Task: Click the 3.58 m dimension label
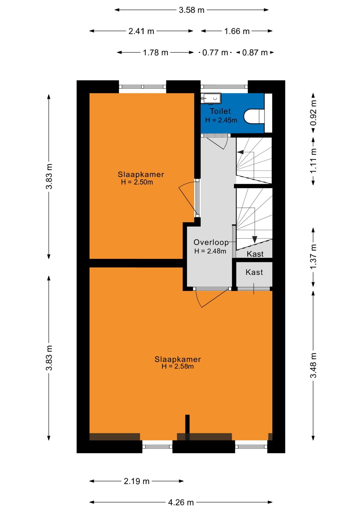(191, 10)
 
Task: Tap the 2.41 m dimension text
(141, 31)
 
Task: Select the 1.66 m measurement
(237, 31)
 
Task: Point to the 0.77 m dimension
(215, 53)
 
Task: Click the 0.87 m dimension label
(255, 53)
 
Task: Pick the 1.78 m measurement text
(155, 53)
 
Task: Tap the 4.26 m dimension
(181, 502)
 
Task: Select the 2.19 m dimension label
(136, 481)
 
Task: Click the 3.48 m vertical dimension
(313, 365)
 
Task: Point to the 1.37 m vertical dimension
(313, 256)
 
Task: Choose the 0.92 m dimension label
(313, 113)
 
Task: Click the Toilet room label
(220, 111)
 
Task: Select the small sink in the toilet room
(211, 98)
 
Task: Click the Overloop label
(211, 242)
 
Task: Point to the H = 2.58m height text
(178, 366)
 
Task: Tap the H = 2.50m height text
(137, 182)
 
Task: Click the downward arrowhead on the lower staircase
(255, 239)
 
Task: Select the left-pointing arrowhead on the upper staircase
(240, 152)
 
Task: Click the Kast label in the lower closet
(254, 272)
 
